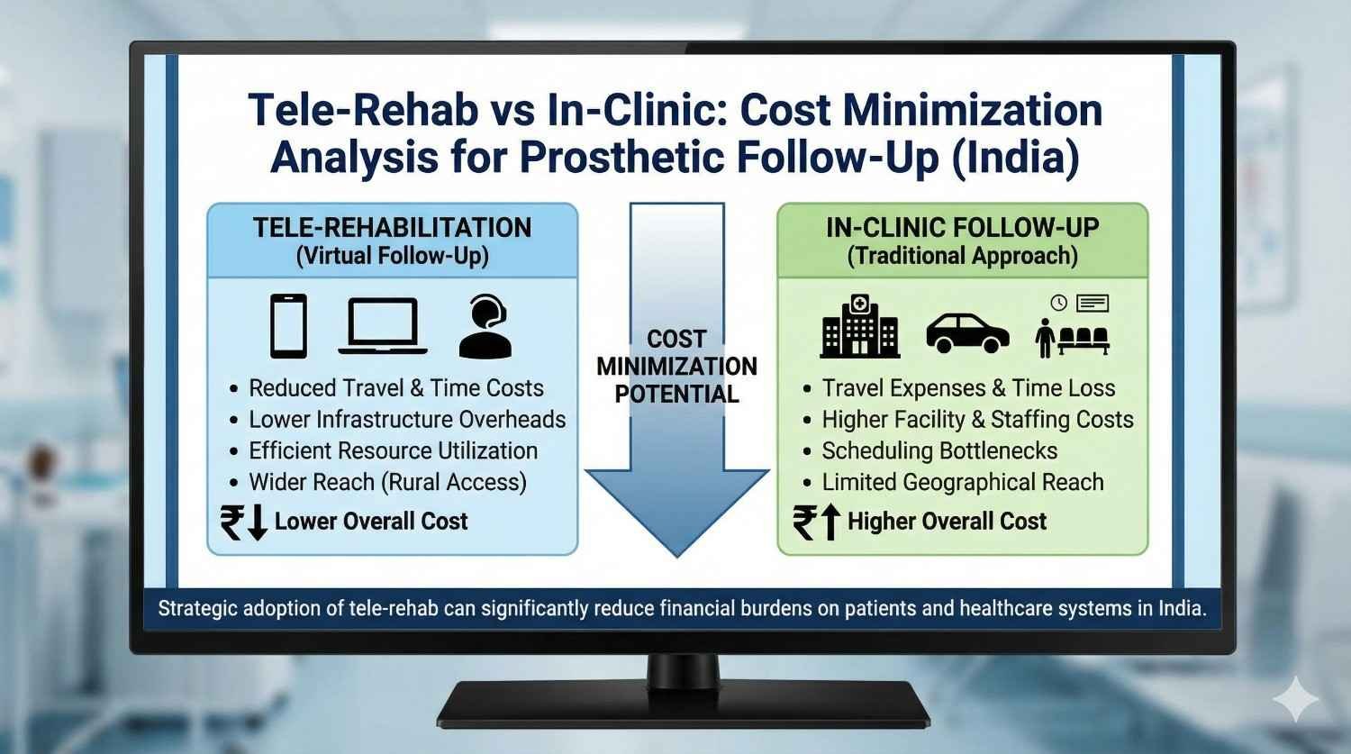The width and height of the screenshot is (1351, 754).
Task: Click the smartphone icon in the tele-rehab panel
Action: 288,326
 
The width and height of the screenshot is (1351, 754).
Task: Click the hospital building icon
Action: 859,326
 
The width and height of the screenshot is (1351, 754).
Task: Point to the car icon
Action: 967,332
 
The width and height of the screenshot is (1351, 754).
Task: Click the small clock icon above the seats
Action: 1058,303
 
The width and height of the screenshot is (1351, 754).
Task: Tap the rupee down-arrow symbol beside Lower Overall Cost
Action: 244,522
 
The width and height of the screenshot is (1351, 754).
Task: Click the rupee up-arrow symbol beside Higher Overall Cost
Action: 817,522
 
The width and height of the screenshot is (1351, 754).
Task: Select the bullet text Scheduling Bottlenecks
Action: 939,450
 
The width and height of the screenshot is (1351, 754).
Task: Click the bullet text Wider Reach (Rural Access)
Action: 387,482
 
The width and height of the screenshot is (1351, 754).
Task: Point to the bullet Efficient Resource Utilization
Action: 393,450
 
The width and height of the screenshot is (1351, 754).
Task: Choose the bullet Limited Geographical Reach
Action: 962,482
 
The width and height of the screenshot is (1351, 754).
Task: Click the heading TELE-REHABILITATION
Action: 392,227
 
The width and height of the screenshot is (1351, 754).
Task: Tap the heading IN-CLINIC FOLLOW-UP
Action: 962,227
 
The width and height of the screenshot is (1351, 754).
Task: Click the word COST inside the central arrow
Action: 676,340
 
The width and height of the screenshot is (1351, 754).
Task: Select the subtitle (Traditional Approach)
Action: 962,256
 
